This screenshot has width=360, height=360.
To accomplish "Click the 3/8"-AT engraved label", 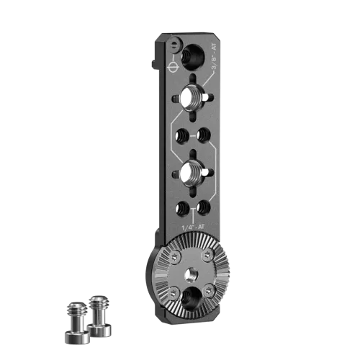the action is [x=214, y=57].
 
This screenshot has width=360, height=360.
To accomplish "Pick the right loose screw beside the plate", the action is [x=99, y=315].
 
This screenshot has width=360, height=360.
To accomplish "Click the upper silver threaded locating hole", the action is [x=192, y=98].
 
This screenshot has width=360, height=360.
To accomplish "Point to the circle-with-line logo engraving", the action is [x=173, y=66].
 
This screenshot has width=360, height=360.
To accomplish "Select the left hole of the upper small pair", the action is [x=182, y=136].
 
